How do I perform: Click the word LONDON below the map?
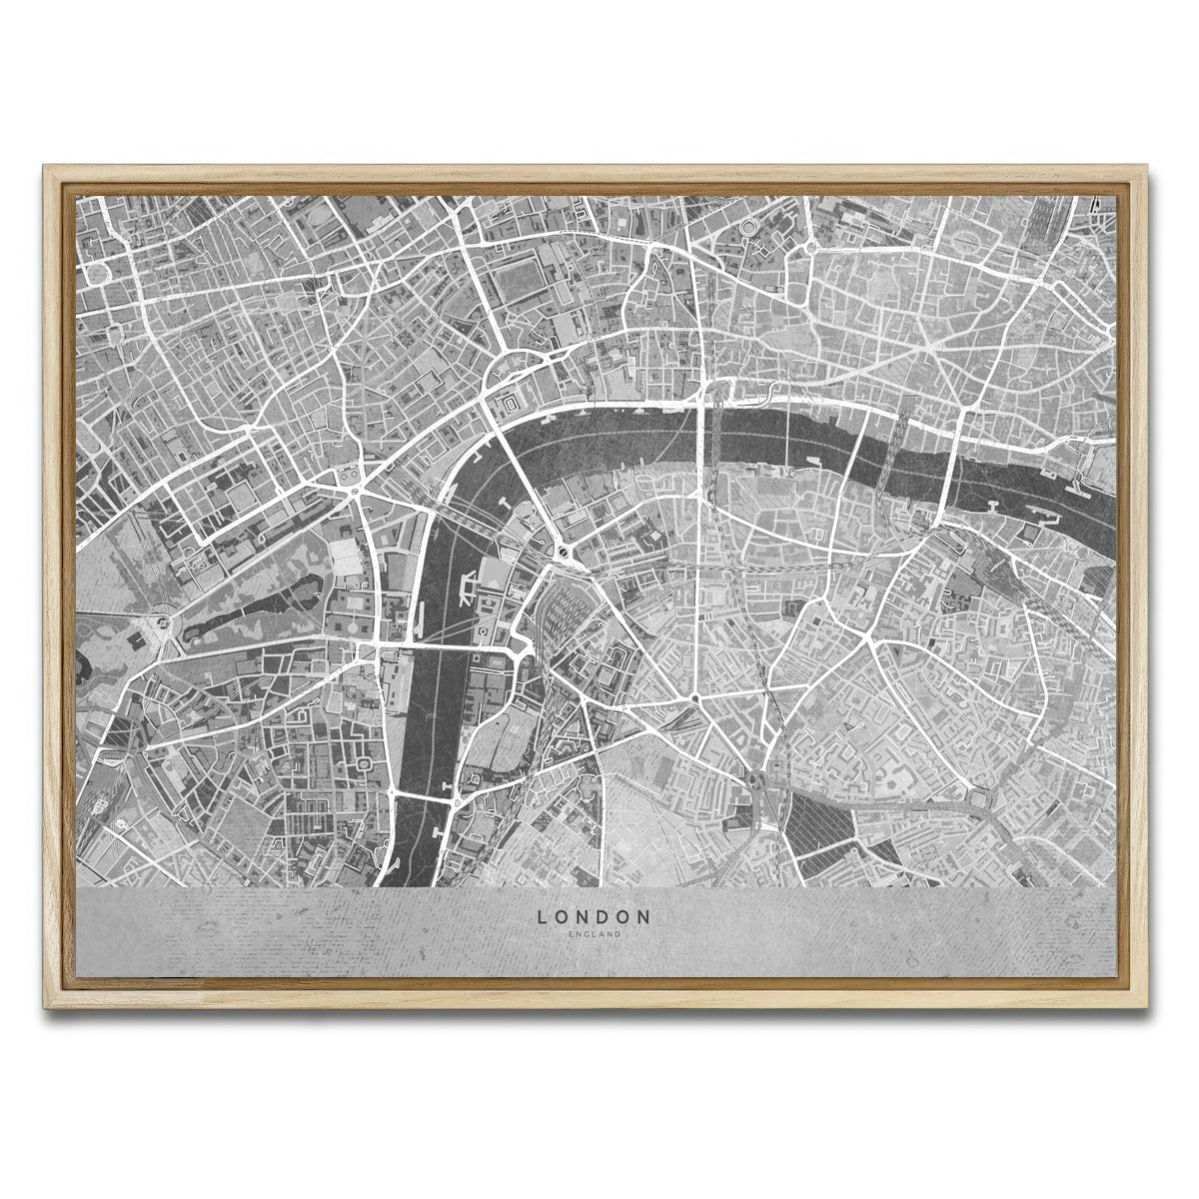coord(594,915)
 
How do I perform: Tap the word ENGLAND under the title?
coord(594,934)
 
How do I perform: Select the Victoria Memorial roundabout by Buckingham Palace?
coord(160,625)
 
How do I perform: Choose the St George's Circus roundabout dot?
coord(692,696)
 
